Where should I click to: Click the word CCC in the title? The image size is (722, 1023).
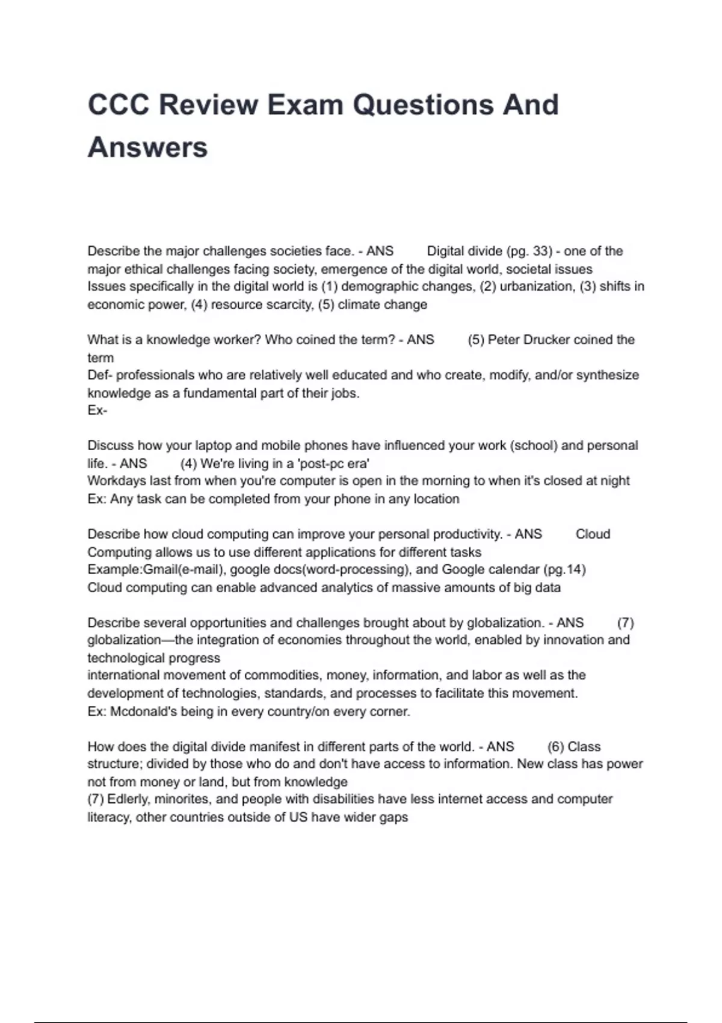119,105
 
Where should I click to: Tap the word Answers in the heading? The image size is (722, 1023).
148,147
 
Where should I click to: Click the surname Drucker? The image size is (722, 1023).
546,339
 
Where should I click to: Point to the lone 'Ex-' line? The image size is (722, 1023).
97,410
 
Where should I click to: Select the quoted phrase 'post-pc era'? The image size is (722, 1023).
334,463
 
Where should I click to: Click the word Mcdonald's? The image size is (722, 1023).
144,711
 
